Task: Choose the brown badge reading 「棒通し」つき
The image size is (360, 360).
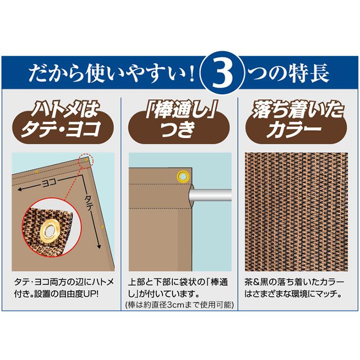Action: point(180,121)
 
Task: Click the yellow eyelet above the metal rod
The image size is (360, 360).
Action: point(182,176)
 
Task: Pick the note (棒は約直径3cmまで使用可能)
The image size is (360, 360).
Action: point(179,305)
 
